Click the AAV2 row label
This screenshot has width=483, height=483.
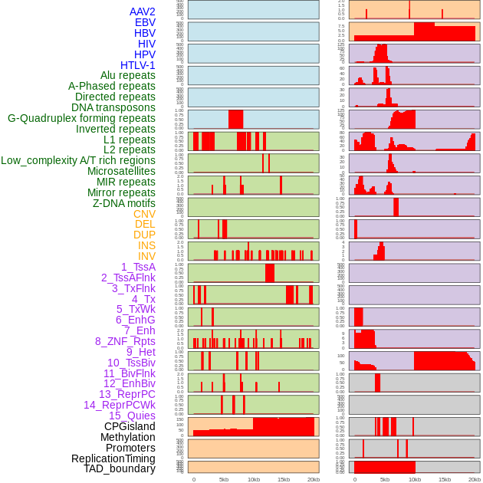click(x=142, y=11)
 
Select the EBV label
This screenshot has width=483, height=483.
click(x=145, y=22)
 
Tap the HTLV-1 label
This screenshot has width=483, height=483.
click(x=137, y=65)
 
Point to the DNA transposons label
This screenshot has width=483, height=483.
click(x=113, y=107)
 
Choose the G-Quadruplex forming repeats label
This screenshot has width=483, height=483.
click(x=81, y=118)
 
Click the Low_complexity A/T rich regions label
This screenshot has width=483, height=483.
click(x=78, y=160)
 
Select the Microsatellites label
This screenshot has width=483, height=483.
click(x=121, y=171)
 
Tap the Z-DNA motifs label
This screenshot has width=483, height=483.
click(x=124, y=203)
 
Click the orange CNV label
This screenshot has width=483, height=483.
click(x=144, y=214)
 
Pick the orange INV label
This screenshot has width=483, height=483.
click(x=146, y=256)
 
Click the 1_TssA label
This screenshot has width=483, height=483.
click(x=138, y=267)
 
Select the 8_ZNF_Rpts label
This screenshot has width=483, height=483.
click(x=125, y=341)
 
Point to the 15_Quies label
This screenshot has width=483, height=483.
click(x=132, y=416)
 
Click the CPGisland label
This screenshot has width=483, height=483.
click(x=130, y=426)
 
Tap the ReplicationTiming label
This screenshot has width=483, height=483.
click(x=113, y=458)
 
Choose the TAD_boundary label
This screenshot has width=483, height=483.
click(x=120, y=468)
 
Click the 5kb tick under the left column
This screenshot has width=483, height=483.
click(x=224, y=479)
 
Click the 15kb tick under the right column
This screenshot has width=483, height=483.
click(x=445, y=479)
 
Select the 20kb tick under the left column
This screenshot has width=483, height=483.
click(x=314, y=479)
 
